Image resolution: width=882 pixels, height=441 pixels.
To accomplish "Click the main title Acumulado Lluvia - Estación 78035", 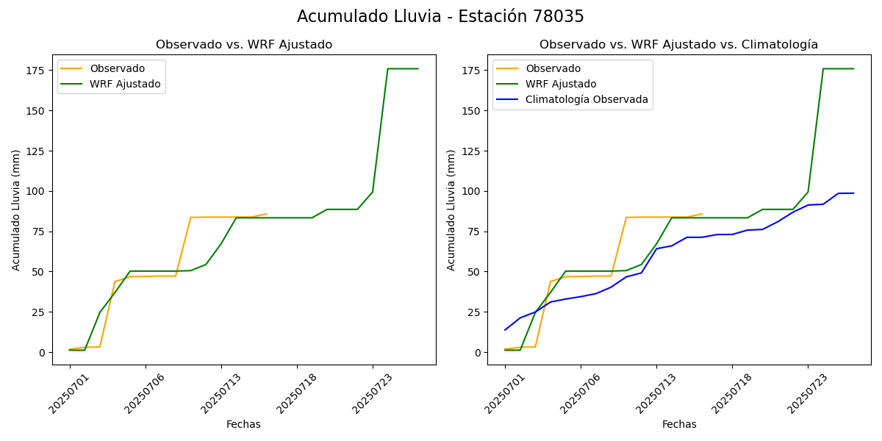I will [440, 17].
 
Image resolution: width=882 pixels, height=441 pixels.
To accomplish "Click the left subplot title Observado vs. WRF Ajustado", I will [244, 45].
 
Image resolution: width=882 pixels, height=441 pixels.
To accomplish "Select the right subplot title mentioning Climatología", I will [678, 45].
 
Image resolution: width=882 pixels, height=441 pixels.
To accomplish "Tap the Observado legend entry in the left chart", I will [118, 69].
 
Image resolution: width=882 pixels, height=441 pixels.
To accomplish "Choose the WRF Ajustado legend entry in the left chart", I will [125, 85].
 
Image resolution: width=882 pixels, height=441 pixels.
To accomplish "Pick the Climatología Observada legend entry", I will [587, 100].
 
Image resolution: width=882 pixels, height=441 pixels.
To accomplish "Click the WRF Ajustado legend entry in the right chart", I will [561, 85].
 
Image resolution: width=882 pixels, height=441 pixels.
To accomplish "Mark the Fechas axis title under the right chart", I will [679, 424].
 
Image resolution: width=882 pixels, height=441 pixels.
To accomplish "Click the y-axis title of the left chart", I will [16, 209].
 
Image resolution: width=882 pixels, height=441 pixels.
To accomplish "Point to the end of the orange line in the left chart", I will [267, 214].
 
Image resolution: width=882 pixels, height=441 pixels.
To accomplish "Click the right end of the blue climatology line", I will [853, 193].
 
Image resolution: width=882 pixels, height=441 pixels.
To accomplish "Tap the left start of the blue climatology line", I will [505, 330].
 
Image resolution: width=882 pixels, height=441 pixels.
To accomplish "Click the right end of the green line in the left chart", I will [418, 69].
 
